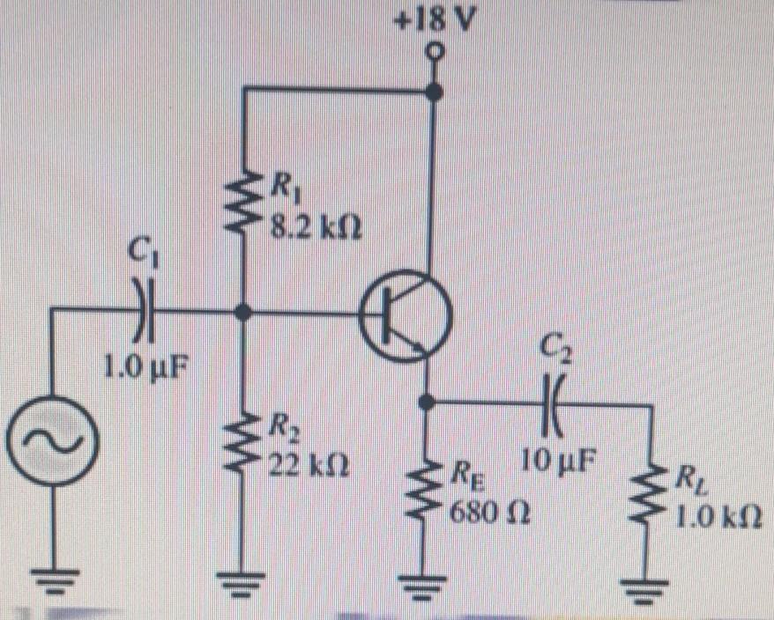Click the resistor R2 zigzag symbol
click(x=244, y=449)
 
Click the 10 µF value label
click(x=554, y=460)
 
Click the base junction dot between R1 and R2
click(x=244, y=311)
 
